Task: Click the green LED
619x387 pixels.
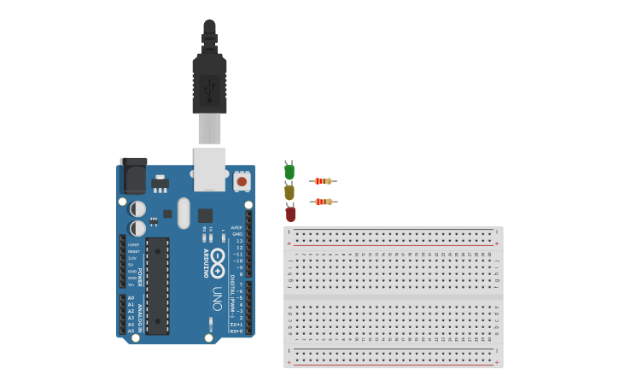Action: tap(289, 172)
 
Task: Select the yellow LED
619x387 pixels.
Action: tap(289, 193)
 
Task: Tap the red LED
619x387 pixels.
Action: tap(290, 214)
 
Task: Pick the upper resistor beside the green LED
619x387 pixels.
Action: tap(323, 181)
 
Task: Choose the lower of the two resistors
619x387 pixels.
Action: tap(323, 202)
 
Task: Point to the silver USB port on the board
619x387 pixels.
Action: tap(209, 168)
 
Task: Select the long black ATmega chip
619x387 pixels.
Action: tap(157, 286)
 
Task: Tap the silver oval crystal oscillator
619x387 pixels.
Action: tap(184, 213)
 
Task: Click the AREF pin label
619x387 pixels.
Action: tap(237, 227)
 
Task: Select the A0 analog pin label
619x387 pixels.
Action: tap(131, 298)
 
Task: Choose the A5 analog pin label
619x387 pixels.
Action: tap(131, 331)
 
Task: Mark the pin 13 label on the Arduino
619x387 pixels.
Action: tap(239, 241)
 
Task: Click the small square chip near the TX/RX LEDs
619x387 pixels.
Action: tap(205, 215)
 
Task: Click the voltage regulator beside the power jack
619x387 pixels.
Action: tap(160, 182)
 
